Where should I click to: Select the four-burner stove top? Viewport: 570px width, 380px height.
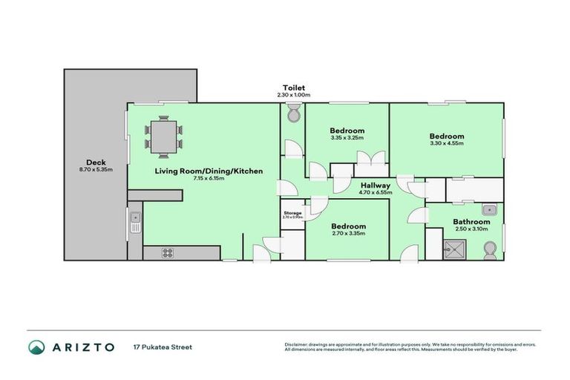[168, 252]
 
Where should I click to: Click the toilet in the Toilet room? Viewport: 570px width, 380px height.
[293, 114]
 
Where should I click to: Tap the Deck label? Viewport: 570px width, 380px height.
[95, 163]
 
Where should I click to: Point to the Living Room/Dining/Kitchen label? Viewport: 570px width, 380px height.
[209, 171]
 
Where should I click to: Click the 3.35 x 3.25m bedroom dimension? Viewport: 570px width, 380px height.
[347, 138]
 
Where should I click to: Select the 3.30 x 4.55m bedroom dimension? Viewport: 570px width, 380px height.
[446, 143]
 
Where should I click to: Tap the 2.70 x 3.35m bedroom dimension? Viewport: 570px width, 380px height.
[348, 233]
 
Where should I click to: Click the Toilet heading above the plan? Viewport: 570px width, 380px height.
[293, 88]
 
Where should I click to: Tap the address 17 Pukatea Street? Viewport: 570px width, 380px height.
[163, 347]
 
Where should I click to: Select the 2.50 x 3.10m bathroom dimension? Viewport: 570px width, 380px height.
[472, 229]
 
